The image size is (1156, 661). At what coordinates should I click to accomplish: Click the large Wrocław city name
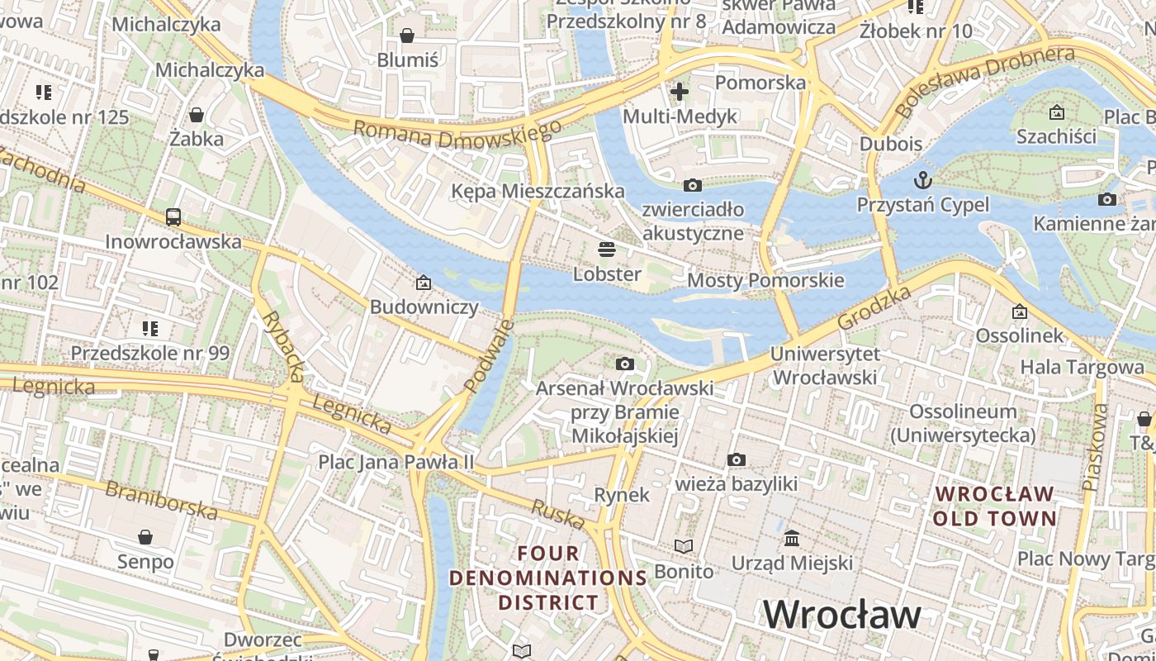(841, 615)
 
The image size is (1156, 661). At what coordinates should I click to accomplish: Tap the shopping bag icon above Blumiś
(407, 36)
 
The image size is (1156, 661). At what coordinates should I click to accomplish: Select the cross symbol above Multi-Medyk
(680, 92)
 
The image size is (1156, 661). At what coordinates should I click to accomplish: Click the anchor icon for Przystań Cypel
(922, 179)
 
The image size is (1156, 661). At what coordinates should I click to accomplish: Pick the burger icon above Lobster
(607, 249)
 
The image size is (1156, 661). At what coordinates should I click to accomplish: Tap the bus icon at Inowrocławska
(173, 217)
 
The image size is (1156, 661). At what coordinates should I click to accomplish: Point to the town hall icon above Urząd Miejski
(792, 538)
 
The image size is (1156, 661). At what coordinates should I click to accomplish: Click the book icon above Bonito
(684, 546)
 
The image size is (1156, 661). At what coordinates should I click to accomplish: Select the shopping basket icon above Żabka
(197, 114)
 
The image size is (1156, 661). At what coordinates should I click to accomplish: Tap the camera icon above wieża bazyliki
(736, 459)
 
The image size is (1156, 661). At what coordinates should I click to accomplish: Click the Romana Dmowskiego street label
(457, 134)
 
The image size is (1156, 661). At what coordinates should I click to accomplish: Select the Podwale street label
(488, 355)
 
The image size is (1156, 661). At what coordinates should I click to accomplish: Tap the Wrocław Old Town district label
(994, 506)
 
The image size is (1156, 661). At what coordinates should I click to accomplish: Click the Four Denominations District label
(548, 578)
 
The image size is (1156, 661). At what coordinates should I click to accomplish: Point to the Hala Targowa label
(1082, 367)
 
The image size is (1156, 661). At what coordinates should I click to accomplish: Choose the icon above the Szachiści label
(1056, 112)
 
